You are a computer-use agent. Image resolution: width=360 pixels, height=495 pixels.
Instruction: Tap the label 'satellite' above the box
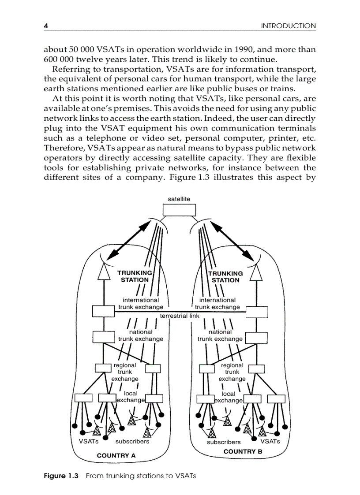[179, 199]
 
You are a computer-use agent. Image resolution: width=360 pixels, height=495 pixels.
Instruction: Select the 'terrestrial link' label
[180, 316]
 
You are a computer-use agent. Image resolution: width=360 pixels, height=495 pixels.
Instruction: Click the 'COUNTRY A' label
[116, 455]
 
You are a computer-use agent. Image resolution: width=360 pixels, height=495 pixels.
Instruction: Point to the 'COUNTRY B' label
[243, 452]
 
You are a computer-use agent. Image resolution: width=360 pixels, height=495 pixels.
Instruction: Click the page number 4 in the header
[45, 26]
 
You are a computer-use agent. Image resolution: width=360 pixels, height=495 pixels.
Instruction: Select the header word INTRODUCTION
[289, 26]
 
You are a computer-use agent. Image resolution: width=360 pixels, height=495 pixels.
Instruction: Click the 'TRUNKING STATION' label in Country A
[135, 276]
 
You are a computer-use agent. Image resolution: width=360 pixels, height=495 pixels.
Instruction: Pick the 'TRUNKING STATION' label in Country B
[225, 276]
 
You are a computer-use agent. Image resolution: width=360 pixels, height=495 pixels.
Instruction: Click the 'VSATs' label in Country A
[88, 441]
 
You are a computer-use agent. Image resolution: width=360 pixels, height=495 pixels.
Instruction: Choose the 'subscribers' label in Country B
[224, 442]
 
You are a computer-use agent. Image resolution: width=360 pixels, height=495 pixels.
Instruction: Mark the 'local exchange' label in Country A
[131, 397]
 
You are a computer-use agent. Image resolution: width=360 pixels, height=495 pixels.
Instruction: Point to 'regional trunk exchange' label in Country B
[232, 372]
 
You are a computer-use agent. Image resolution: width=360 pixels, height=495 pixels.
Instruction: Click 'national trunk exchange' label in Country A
[141, 335]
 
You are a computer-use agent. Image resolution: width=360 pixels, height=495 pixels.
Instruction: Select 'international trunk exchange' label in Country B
[217, 303]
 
